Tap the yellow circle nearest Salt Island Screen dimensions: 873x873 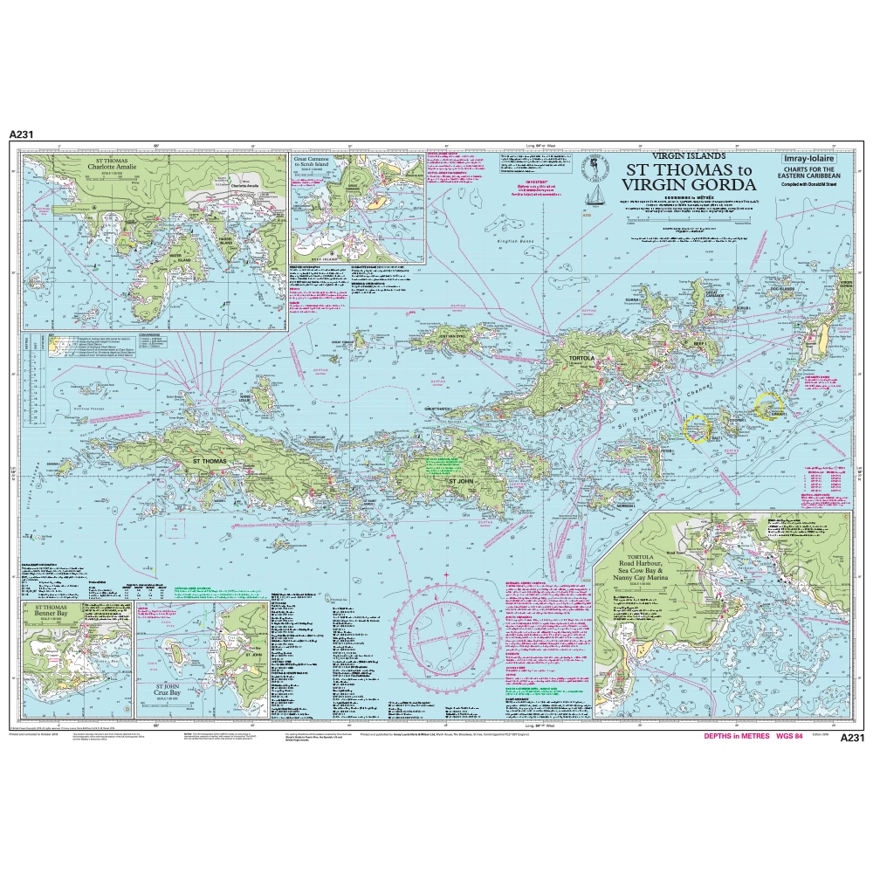click(697, 428)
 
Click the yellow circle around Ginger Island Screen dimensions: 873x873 click(768, 404)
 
